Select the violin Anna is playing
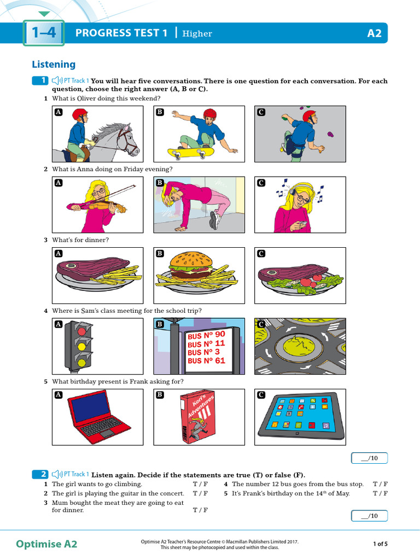104,207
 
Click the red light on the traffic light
82,331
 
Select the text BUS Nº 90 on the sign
206,335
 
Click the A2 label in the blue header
375,33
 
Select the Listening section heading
54,65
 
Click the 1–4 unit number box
44,33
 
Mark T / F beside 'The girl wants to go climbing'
200,484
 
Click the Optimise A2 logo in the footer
46,544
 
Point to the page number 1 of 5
380,544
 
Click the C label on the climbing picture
261,112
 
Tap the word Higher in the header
197,34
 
